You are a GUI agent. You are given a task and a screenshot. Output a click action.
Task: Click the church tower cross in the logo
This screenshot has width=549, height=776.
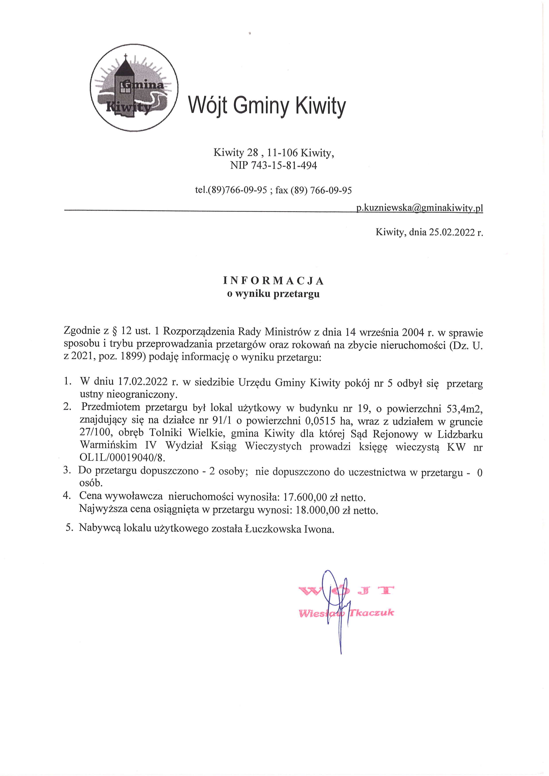(126, 56)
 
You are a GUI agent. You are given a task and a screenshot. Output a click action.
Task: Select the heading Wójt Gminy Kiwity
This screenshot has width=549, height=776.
(267, 106)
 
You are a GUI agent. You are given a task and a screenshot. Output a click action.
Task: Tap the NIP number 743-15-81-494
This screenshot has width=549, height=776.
(284, 166)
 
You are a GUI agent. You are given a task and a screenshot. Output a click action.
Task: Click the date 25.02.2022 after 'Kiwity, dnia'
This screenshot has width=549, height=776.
(452, 232)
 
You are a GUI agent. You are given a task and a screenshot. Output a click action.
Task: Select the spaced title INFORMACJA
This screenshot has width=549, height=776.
(273, 281)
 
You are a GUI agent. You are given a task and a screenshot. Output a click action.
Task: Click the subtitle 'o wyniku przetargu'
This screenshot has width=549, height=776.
(273, 294)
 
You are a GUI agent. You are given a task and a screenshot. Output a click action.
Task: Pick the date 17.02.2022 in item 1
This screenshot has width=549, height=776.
(143, 381)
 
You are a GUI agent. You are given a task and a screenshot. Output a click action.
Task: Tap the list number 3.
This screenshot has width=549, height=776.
(67, 470)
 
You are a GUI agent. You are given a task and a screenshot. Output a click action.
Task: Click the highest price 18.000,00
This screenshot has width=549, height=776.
(317, 510)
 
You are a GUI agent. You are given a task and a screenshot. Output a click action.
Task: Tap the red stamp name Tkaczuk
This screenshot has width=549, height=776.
(371, 613)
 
